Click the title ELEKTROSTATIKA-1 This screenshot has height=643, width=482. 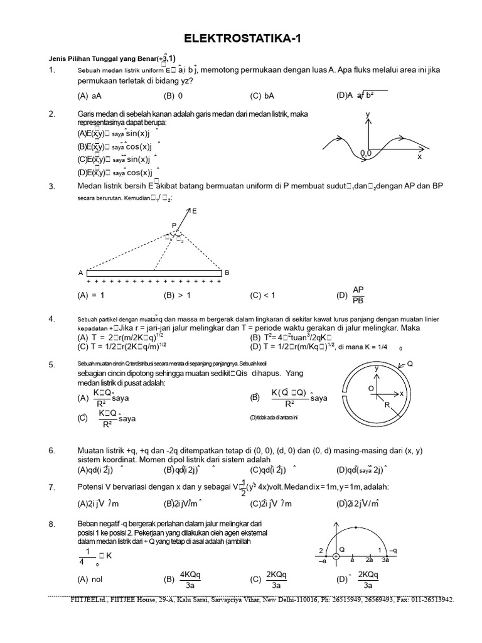241,39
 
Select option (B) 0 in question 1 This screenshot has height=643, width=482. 173,96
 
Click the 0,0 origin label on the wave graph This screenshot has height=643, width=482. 367,153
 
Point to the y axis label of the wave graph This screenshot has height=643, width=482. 368,114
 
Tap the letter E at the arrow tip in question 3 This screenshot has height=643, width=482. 194,212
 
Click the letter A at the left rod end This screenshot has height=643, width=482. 80,273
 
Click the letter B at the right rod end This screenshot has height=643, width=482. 227,273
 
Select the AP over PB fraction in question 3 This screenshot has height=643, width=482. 358,294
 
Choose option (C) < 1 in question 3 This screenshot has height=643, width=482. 262,294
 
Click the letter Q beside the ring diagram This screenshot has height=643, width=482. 410,364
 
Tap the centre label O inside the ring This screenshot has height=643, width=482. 370,389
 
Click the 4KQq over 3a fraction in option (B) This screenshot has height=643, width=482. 190,580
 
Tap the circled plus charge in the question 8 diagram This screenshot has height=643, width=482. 336,556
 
